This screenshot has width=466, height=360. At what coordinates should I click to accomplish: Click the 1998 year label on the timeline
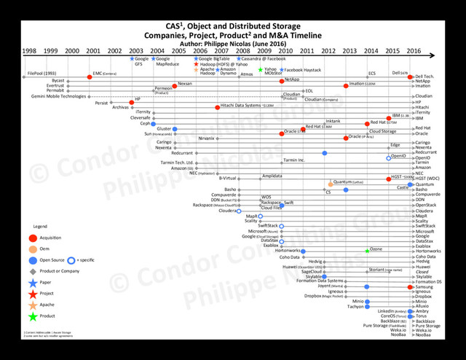point(29,51)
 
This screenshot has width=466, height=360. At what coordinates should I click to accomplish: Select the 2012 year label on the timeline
point(329,51)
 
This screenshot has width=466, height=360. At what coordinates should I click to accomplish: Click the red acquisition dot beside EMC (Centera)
point(89,76)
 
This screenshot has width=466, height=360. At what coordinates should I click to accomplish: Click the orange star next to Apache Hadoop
point(195,69)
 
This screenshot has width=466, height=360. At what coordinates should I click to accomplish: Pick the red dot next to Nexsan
point(174,85)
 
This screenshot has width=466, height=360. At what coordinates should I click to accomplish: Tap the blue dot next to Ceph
point(154,124)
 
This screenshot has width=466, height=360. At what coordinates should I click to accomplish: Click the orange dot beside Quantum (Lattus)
point(330,184)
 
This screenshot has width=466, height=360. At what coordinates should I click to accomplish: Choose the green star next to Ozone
point(367,250)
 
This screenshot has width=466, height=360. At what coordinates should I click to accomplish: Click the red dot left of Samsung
point(410,286)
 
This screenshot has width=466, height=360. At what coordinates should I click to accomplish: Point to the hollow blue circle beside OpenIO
point(388,157)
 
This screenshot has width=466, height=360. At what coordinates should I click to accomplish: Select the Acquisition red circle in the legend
point(33,238)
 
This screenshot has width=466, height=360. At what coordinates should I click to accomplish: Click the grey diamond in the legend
point(33,270)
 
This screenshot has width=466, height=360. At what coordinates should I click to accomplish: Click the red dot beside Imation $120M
point(345,85)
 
